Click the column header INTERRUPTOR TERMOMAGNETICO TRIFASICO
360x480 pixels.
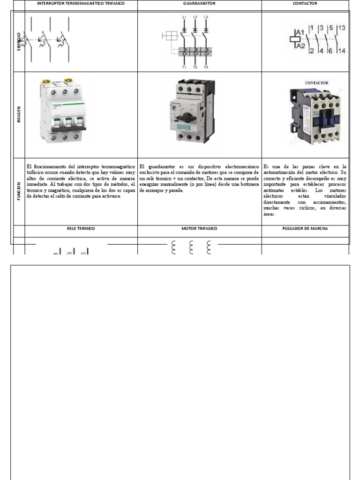pyautogui.click(x=81, y=3)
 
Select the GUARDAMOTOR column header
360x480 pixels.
pyautogui.click(x=199, y=3)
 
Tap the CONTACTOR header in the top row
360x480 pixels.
pyautogui.click(x=305, y=3)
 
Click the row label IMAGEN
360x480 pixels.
pyautogui.click(x=18, y=115)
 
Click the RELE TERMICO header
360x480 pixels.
pyautogui.click(x=81, y=228)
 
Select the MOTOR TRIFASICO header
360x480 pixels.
pyautogui.click(x=199, y=228)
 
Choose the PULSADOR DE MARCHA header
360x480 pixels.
pyautogui.click(x=305, y=228)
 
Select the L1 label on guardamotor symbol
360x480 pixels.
pyautogui.click(x=184, y=17)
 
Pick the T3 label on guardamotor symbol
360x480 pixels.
pyautogui.click(x=205, y=67)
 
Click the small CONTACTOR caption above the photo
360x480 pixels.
pyautogui.click(x=316, y=83)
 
